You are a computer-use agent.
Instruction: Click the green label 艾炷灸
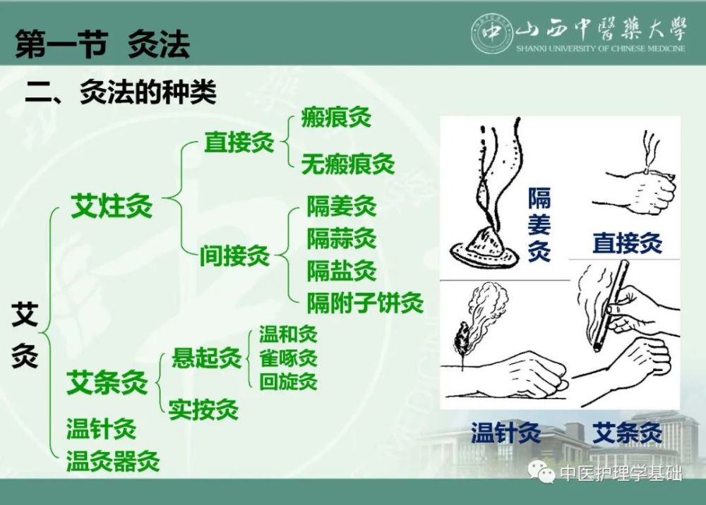tap(112, 207)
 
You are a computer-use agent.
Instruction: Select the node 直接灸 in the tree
tap(239, 142)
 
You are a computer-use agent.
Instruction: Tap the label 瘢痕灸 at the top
tap(335, 116)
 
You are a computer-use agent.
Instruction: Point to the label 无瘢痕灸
tap(347, 164)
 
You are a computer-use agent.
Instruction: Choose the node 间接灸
tap(234, 256)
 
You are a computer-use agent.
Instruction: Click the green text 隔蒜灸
tap(341, 239)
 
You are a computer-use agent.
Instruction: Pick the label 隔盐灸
tap(341, 271)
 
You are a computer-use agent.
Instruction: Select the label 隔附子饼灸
tap(364, 303)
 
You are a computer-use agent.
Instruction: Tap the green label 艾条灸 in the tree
tap(107, 383)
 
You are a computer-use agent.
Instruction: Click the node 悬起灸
tap(206, 358)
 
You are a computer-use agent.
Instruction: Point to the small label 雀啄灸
tap(288, 358)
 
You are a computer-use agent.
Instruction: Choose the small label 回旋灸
tap(288, 382)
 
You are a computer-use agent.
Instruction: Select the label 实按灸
tap(203, 409)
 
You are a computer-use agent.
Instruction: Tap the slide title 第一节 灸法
tap(102, 46)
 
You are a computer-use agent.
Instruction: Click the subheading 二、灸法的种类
tap(120, 92)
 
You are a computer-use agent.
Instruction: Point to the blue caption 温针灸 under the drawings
tap(505, 432)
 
